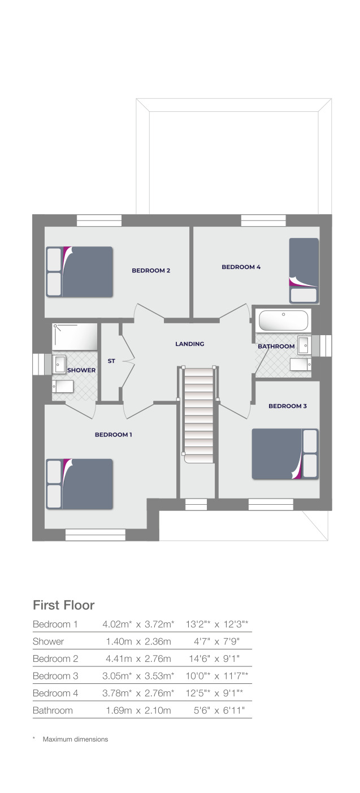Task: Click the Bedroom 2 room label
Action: [x=151, y=271]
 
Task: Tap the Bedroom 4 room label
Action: [x=241, y=267]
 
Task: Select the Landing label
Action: [x=189, y=344]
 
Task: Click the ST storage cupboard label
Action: [x=111, y=361]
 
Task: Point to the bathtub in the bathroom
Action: [x=283, y=321]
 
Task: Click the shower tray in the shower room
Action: [x=75, y=337]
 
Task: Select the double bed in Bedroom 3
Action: [x=285, y=454]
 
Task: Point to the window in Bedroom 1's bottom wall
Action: [x=95, y=535]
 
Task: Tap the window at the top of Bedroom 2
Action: [x=99, y=220]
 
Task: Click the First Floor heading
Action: [x=63, y=605]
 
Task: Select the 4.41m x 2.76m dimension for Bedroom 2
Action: [x=138, y=658]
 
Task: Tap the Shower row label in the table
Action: [x=48, y=642]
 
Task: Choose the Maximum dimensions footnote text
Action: [x=75, y=739]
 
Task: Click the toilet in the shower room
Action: [x=63, y=387]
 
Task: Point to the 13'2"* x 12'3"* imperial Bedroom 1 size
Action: [x=217, y=625]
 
